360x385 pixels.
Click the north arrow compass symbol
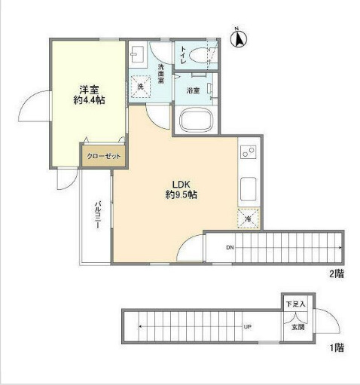[239, 38]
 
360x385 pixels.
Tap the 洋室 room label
[89, 87]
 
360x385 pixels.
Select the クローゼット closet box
[103, 156]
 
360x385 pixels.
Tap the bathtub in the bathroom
[198, 121]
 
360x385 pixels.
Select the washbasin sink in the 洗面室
[137, 56]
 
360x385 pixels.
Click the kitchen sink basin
[248, 188]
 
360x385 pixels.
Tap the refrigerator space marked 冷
[249, 218]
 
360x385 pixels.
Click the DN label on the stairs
[229, 247]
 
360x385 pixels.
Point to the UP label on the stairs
[246, 327]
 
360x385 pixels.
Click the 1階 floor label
[337, 348]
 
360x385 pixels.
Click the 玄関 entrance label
[297, 327]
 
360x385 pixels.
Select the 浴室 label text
[193, 90]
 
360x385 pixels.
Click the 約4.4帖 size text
[89, 99]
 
